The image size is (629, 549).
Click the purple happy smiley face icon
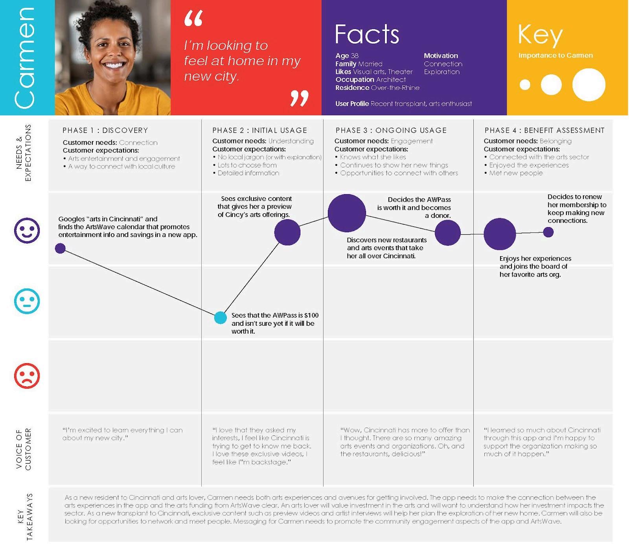point(27,230)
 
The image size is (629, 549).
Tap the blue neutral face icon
point(27,301)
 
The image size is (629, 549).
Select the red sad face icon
point(27,376)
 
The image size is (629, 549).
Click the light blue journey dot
point(220,318)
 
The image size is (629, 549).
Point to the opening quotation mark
point(193,19)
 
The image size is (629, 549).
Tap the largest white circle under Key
point(589,84)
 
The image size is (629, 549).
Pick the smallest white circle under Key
point(525,84)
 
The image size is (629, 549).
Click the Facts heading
point(367,34)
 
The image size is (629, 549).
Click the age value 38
point(355,56)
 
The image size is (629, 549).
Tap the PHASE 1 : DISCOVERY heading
point(105,130)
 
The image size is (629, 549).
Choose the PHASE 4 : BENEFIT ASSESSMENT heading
point(544,130)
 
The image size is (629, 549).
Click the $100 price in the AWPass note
point(311,315)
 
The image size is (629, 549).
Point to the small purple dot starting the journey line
point(60,248)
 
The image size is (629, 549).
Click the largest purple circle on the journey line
point(347,213)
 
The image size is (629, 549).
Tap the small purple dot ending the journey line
point(548,232)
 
